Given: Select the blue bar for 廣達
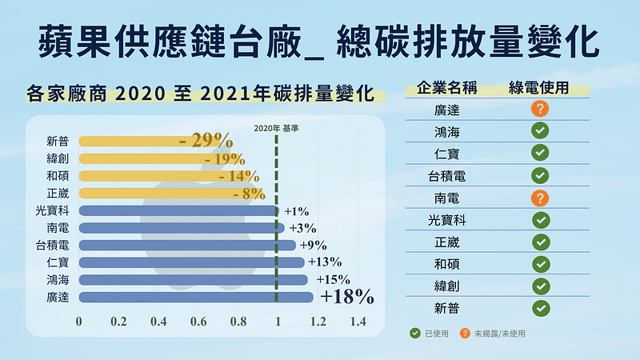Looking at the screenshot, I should tap(196, 298).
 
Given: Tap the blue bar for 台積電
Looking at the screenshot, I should tap(187, 245).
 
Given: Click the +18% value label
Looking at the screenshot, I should tap(347, 298).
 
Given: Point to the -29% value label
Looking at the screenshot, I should tap(206, 141).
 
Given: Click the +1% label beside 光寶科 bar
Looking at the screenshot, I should tap(296, 211).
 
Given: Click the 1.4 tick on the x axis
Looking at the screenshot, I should tap(357, 322).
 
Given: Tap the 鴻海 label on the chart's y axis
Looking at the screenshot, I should tap(58, 280).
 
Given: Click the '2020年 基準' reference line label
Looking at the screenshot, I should tap(274, 127).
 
